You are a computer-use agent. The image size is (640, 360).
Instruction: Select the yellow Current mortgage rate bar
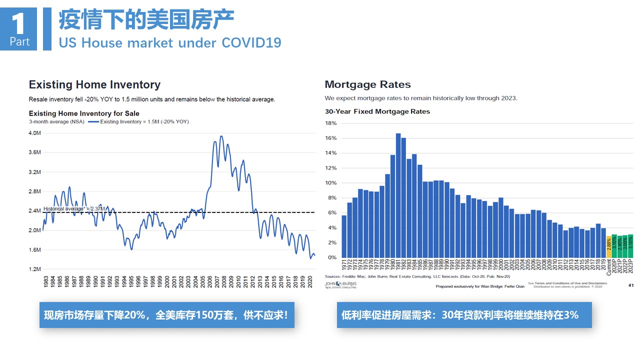pos(608,246)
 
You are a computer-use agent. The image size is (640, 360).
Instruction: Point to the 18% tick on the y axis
pos(331,123)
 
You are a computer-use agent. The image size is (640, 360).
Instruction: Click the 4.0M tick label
pos(34,133)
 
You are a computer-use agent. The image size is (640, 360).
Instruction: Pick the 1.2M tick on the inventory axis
pos(34,269)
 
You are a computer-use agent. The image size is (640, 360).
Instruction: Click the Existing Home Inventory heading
pos(94,84)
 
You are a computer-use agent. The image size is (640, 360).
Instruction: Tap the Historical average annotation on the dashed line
pos(74,209)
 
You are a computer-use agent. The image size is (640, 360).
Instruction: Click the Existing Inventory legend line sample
pos(93,122)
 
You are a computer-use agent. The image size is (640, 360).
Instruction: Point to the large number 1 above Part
pos(19,22)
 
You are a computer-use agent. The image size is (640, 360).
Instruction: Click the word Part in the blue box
pos(19,42)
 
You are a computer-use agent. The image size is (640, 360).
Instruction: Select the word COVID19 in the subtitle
pos(251,42)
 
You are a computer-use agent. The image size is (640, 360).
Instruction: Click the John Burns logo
pos(341,285)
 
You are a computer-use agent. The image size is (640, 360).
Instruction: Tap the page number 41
pos(630,285)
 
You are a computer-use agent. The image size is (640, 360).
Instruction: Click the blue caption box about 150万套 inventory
pos(166,315)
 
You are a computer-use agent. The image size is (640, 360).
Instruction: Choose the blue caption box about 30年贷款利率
pos(463,315)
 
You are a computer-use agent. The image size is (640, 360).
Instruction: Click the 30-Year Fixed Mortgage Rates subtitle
pos(377,111)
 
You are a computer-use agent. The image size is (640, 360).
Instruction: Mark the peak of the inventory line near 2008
pos(221,136)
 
